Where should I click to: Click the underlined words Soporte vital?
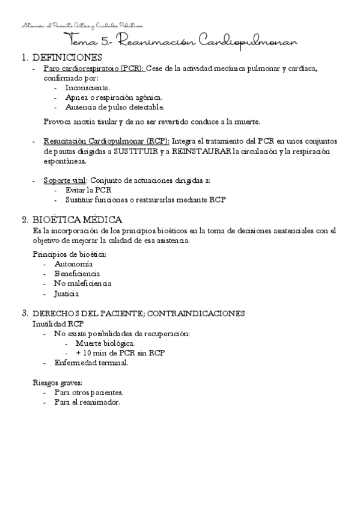[x=65, y=180]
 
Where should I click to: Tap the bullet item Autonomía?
[x=73, y=264]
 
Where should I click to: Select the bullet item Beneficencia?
[x=77, y=274]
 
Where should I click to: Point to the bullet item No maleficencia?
[x=83, y=283]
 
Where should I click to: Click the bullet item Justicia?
[x=67, y=293]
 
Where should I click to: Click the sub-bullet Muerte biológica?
[x=100, y=343]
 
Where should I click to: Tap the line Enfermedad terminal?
[x=90, y=363]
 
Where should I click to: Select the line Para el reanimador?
[x=87, y=402]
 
